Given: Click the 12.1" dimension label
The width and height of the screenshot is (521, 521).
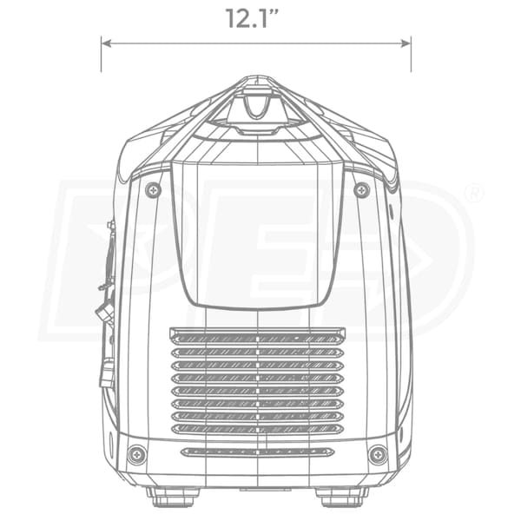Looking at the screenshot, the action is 252,18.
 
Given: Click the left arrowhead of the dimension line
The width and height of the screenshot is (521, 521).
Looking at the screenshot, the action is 106,43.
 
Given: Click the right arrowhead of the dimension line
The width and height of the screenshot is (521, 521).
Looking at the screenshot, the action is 406,43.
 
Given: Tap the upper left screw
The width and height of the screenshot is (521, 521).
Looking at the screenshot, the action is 154,190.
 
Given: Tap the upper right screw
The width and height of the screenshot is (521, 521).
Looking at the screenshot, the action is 362,190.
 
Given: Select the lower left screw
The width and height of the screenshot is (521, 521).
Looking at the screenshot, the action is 137,455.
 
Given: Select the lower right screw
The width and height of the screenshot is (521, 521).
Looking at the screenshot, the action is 378,455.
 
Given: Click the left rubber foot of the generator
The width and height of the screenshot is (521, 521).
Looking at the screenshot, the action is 174,498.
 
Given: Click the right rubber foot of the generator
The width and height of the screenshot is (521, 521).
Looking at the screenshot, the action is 342,498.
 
